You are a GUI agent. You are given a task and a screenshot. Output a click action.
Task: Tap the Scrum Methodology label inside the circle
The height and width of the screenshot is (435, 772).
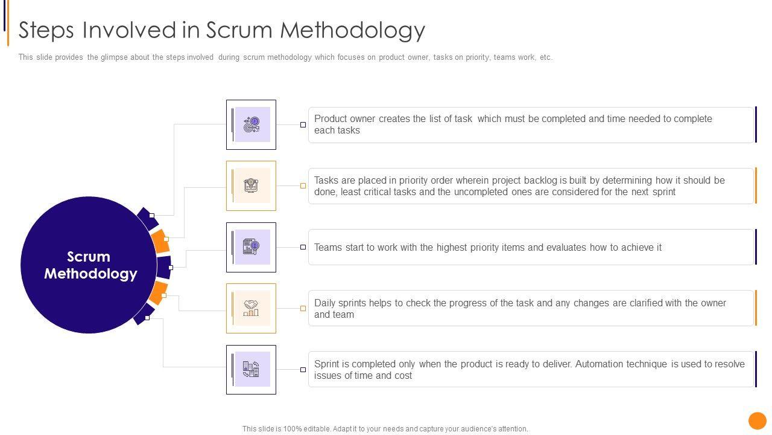coord(90,265)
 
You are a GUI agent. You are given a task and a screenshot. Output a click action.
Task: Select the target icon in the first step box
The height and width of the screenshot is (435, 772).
coord(252,125)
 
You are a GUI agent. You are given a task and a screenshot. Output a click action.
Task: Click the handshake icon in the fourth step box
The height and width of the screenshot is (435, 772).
coord(252,308)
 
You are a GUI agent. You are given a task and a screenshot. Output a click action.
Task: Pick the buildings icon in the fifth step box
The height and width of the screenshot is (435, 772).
coord(252,369)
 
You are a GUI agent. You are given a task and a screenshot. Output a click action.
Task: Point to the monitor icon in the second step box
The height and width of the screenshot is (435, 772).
coord(252,185)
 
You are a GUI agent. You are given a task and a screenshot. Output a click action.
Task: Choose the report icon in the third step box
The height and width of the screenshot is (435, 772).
coord(252,247)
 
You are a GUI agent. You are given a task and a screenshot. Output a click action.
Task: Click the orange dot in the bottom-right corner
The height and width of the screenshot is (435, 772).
coord(757,420)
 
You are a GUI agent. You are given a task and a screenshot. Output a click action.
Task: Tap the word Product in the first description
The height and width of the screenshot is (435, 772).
coord(331,119)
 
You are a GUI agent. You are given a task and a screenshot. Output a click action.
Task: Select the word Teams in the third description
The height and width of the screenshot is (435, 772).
coord(328,248)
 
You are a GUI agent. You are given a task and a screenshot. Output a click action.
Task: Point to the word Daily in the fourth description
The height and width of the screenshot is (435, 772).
coord(326,303)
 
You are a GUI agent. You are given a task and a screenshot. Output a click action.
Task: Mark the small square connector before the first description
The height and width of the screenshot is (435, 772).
coord(303,125)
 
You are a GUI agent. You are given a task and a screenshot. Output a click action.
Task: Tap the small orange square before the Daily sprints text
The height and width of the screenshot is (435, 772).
coord(303,308)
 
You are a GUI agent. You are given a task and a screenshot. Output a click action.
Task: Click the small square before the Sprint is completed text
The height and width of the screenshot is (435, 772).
coord(303,369)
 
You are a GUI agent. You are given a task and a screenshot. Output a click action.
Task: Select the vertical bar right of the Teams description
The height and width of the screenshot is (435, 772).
coord(755,247)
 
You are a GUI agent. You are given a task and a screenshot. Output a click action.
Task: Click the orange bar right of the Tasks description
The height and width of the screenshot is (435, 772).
coord(755,185)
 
